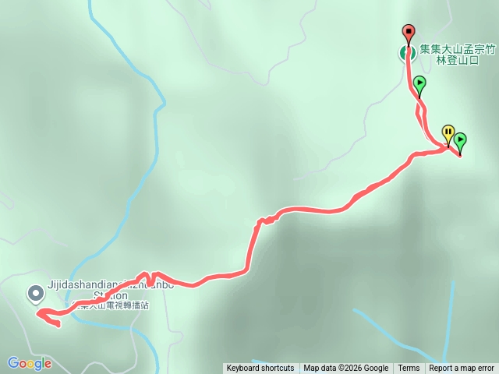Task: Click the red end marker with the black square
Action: tap(409, 33)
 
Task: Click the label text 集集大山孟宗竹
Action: tap(458, 48)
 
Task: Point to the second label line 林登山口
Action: tap(458, 59)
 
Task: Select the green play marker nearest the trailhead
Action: tap(419, 83)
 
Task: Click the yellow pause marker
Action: tap(448, 132)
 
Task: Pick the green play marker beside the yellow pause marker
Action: tap(460, 140)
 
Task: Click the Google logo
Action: tap(30, 363)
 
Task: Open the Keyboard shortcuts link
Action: tap(260, 369)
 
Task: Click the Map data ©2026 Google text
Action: tap(345, 369)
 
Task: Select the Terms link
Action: tap(409, 369)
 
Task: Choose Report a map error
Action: tap(462, 369)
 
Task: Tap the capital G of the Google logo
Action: tap(12, 363)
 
